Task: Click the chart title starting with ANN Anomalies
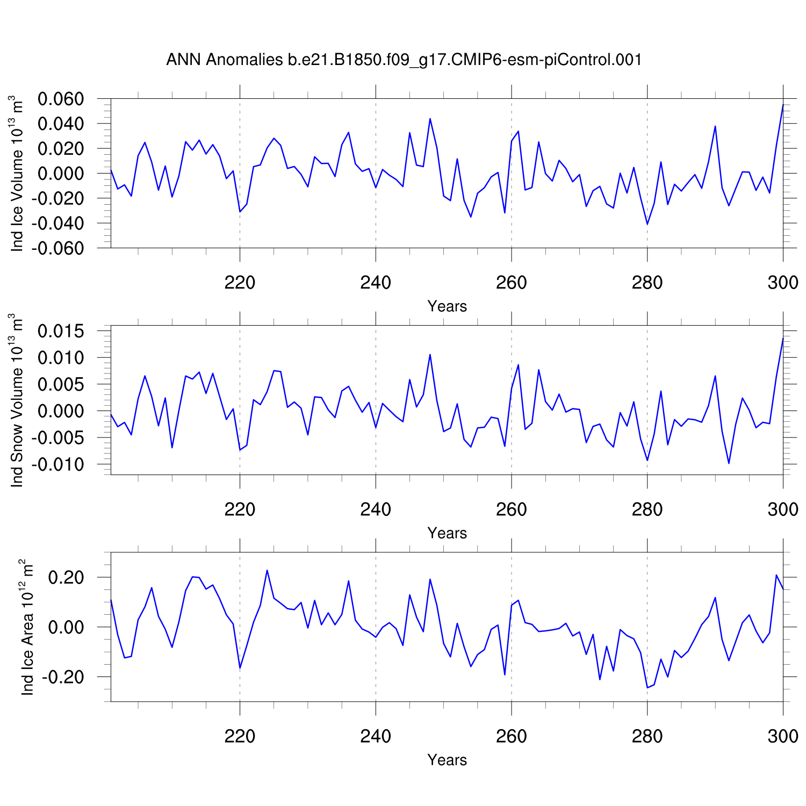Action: [x=404, y=60]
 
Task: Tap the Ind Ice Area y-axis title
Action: [x=27, y=627]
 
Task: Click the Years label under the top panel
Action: [x=447, y=306]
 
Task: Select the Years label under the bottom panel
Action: [x=447, y=760]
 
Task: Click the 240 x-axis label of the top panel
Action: [x=376, y=283]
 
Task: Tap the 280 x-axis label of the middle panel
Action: [x=647, y=509]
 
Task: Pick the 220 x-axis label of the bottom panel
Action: [x=240, y=736]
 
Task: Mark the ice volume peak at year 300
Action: [x=783, y=105]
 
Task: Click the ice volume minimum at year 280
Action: [x=647, y=224]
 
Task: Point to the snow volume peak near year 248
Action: [x=430, y=355]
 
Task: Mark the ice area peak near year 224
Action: [x=267, y=570]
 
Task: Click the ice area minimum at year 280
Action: [x=647, y=688]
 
